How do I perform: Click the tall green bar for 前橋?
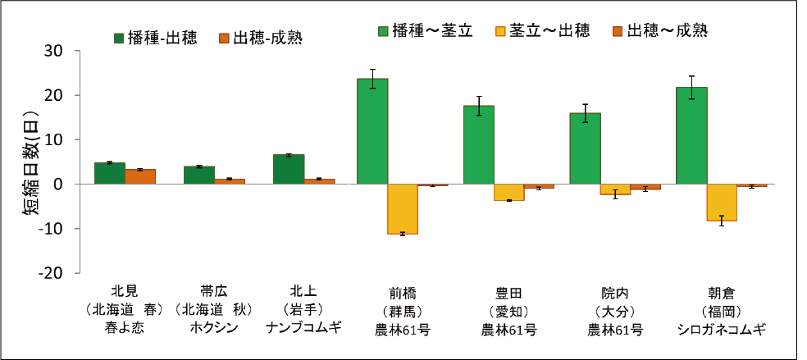[372, 131]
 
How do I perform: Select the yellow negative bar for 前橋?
[403, 209]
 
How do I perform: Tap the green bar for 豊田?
[478, 144]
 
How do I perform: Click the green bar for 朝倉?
[691, 135]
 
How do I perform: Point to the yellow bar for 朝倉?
[722, 203]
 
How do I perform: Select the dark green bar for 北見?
[110, 173]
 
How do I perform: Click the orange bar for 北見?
[140, 176]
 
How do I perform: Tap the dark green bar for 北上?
[288, 169]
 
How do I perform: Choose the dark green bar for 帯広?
[199, 175]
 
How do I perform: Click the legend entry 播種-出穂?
[155, 38]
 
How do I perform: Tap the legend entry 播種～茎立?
[424, 31]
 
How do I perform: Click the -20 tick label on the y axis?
[50, 272]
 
